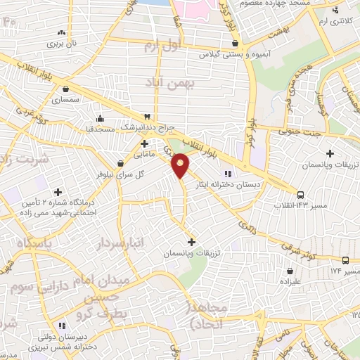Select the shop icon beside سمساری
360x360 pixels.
click(65, 89)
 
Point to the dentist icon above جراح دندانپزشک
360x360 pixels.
click(147, 116)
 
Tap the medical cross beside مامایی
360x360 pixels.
click(144, 143)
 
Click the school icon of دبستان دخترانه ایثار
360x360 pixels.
click(227, 174)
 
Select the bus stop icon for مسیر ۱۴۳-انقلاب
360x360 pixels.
click(301, 194)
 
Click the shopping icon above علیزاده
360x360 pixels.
click(290, 271)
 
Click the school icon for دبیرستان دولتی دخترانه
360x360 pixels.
click(63, 326)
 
